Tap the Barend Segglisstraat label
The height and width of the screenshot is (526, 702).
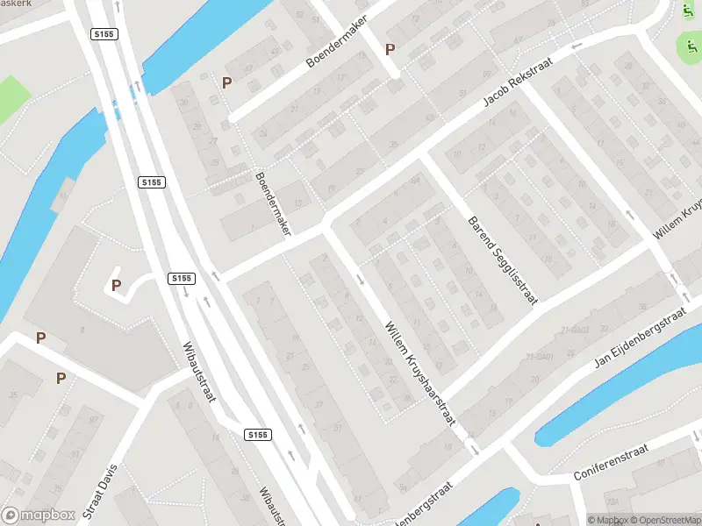point(502,260)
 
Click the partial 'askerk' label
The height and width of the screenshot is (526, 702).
point(16,4)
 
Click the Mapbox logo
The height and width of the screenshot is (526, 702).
point(39,515)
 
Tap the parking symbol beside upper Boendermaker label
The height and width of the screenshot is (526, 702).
point(390,50)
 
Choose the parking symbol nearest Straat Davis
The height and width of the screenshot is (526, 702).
point(61,379)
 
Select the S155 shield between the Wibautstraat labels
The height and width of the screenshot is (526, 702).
point(257,435)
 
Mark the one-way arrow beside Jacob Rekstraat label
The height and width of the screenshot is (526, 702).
point(577,46)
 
